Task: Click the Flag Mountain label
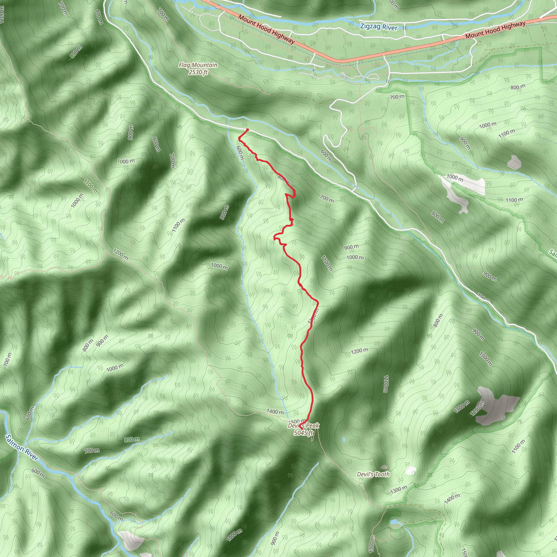pyautogui.click(x=198, y=65)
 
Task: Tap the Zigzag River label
pyautogui.click(x=379, y=27)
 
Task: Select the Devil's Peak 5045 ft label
pyautogui.click(x=303, y=429)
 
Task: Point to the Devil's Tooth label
pyautogui.click(x=373, y=474)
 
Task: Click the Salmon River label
pyautogui.click(x=22, y=448)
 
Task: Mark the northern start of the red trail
pyautogui.click(x=247, y=130)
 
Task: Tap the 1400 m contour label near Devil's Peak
pyautogui.click(x=275, y=412)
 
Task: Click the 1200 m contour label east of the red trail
pyautogui.click(x=359, y=351)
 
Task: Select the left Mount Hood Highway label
pyautogui.click(x=266, y=29)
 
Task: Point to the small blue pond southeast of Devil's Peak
pyautogui.click(x=344, y=440)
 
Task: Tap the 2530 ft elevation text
pyautogui.click(x=198, y=72)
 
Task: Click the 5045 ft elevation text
pyautogui.click(x=303, y=433)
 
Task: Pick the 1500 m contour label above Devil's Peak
pyautogui.click(x=297, y=422)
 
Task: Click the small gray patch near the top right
pyautogui.click(x=514, y=162)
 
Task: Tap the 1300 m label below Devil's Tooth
pyautogui.click(x=398, y=490)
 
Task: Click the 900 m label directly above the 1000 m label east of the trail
pyautogui.click(x=351, y=247)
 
